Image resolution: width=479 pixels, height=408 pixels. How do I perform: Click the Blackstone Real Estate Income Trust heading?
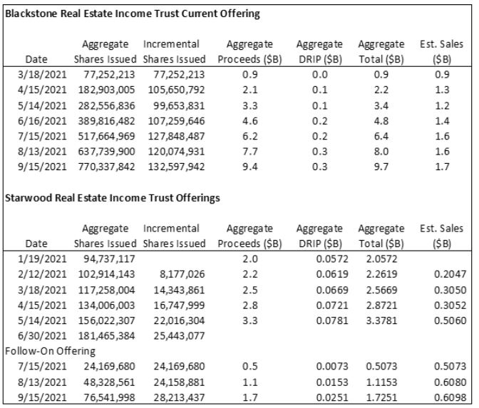(x=133, y=14)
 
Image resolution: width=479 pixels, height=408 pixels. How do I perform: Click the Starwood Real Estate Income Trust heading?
(x=113, y=198)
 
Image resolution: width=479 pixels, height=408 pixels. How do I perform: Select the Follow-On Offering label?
(x=50, y=351)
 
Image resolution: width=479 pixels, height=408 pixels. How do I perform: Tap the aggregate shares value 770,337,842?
(x=106, y=167)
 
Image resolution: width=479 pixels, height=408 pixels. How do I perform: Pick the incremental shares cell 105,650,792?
(x=176, y=90)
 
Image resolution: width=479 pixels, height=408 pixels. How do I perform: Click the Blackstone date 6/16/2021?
(x=42, y=121)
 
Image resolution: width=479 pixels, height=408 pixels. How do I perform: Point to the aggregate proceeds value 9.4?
(x=250, y=167)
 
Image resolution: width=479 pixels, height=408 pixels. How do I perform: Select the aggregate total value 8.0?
(x=381, y=152)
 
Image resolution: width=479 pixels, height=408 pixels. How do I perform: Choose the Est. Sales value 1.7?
(x=442, y=167)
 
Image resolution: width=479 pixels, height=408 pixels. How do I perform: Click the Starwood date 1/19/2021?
(x=42, y=259)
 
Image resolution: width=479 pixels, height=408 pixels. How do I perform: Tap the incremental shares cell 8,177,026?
(x=182, y=274)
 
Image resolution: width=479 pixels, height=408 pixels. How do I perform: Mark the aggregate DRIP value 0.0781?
(x=332, y=320)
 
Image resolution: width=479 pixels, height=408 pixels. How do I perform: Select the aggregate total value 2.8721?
(x=381, y=305)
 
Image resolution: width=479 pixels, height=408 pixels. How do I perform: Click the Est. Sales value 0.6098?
(x=450, y=397)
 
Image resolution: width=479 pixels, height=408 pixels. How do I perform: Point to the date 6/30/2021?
(x=42, y=336)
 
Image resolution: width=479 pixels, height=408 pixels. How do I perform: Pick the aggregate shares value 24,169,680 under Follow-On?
(x=109, y=367)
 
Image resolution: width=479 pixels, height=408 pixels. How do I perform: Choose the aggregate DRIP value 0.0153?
(x=332, y=382)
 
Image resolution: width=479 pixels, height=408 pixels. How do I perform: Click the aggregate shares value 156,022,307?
(x=106, y=320)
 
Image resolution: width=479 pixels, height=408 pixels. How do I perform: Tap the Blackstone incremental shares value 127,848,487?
(x=176, y=137)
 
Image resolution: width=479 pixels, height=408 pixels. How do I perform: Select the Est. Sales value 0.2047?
(x=450, y=274)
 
